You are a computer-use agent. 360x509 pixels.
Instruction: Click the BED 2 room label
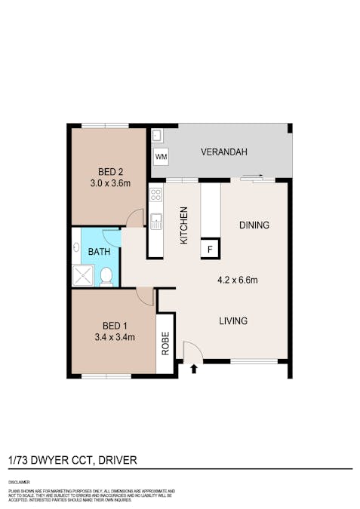108,170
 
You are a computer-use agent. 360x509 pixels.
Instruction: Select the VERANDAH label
224,153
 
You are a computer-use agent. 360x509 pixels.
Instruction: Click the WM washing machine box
161,156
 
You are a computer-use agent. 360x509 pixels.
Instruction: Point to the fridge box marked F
210,248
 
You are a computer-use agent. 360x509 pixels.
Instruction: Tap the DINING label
254,225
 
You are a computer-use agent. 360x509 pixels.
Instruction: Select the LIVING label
233,321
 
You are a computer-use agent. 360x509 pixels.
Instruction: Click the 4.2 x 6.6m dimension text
238,281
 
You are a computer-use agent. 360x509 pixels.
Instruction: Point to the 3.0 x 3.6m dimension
108,182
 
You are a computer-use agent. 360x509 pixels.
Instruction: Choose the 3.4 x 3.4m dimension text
115,337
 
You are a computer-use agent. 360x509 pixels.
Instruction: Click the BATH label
99,251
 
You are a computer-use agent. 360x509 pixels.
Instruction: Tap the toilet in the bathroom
106,277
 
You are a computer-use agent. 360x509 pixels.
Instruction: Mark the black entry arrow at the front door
194,369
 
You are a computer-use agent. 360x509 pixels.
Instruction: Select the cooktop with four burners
156,195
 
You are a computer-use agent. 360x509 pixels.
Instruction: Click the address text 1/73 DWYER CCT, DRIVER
72,460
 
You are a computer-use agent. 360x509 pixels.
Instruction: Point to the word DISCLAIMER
20,480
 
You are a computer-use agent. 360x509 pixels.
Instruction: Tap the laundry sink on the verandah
158,136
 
